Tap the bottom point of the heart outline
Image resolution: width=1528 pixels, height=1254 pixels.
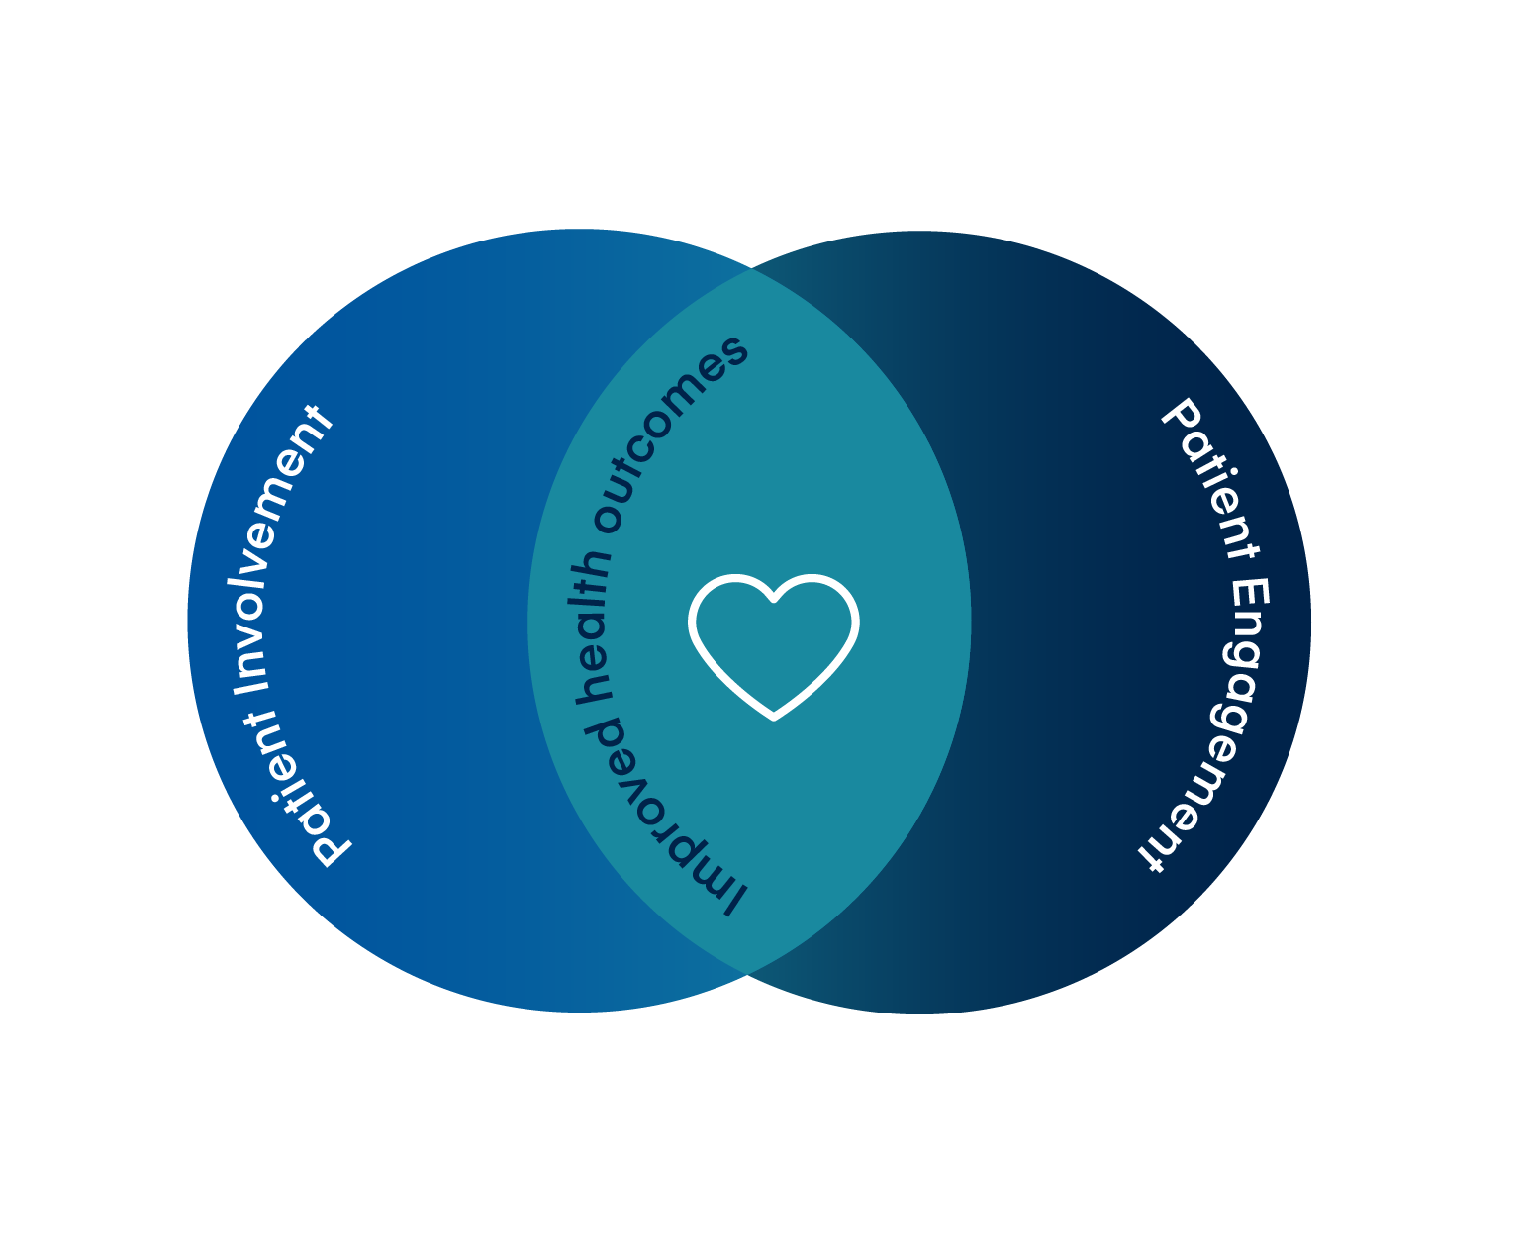[774, 715]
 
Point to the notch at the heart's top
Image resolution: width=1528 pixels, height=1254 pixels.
[773, 599]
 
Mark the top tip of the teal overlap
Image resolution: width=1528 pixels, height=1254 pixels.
[751, 269]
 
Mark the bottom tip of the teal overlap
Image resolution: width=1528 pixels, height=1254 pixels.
[747, 975]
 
